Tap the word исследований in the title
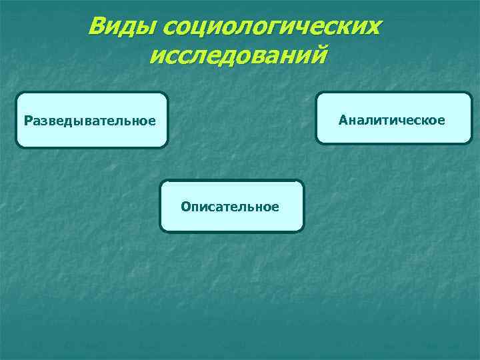pos(239,55)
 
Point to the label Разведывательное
pos(89,121)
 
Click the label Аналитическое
pos(391,120)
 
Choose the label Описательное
pos(230,207)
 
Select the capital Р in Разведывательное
pos(27,121)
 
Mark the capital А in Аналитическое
pos(343,120)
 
